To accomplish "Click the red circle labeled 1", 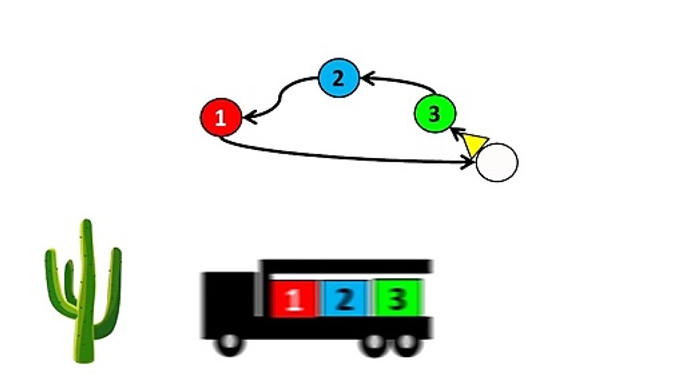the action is pos(221,117).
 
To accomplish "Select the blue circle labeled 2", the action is pos(339,78).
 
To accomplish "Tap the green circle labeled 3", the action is pos(435,113).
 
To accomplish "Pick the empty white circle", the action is pos(497,163).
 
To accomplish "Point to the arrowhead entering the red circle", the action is pos(250,118).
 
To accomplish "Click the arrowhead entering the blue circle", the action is pos(367,79).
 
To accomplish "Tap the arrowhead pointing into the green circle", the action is pos(457,134).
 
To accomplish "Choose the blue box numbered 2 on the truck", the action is pos(346,298).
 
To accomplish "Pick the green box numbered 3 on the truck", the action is pos(398,297).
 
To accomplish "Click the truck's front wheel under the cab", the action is pos(230,344).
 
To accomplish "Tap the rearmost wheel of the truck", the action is pos(407,345).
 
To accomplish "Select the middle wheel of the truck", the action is pos(375,345).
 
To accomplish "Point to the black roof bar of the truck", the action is pos(346,266).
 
